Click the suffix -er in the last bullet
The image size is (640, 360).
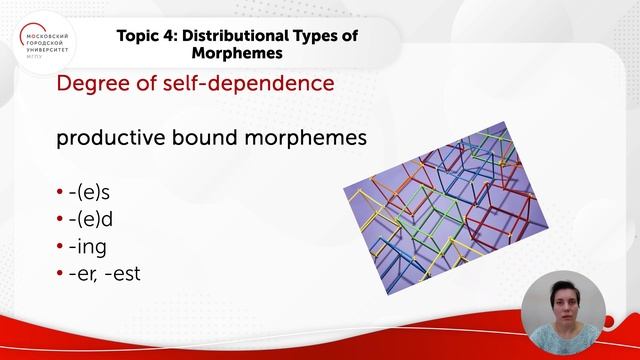pos(82,272)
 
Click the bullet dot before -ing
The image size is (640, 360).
pos(60,246)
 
